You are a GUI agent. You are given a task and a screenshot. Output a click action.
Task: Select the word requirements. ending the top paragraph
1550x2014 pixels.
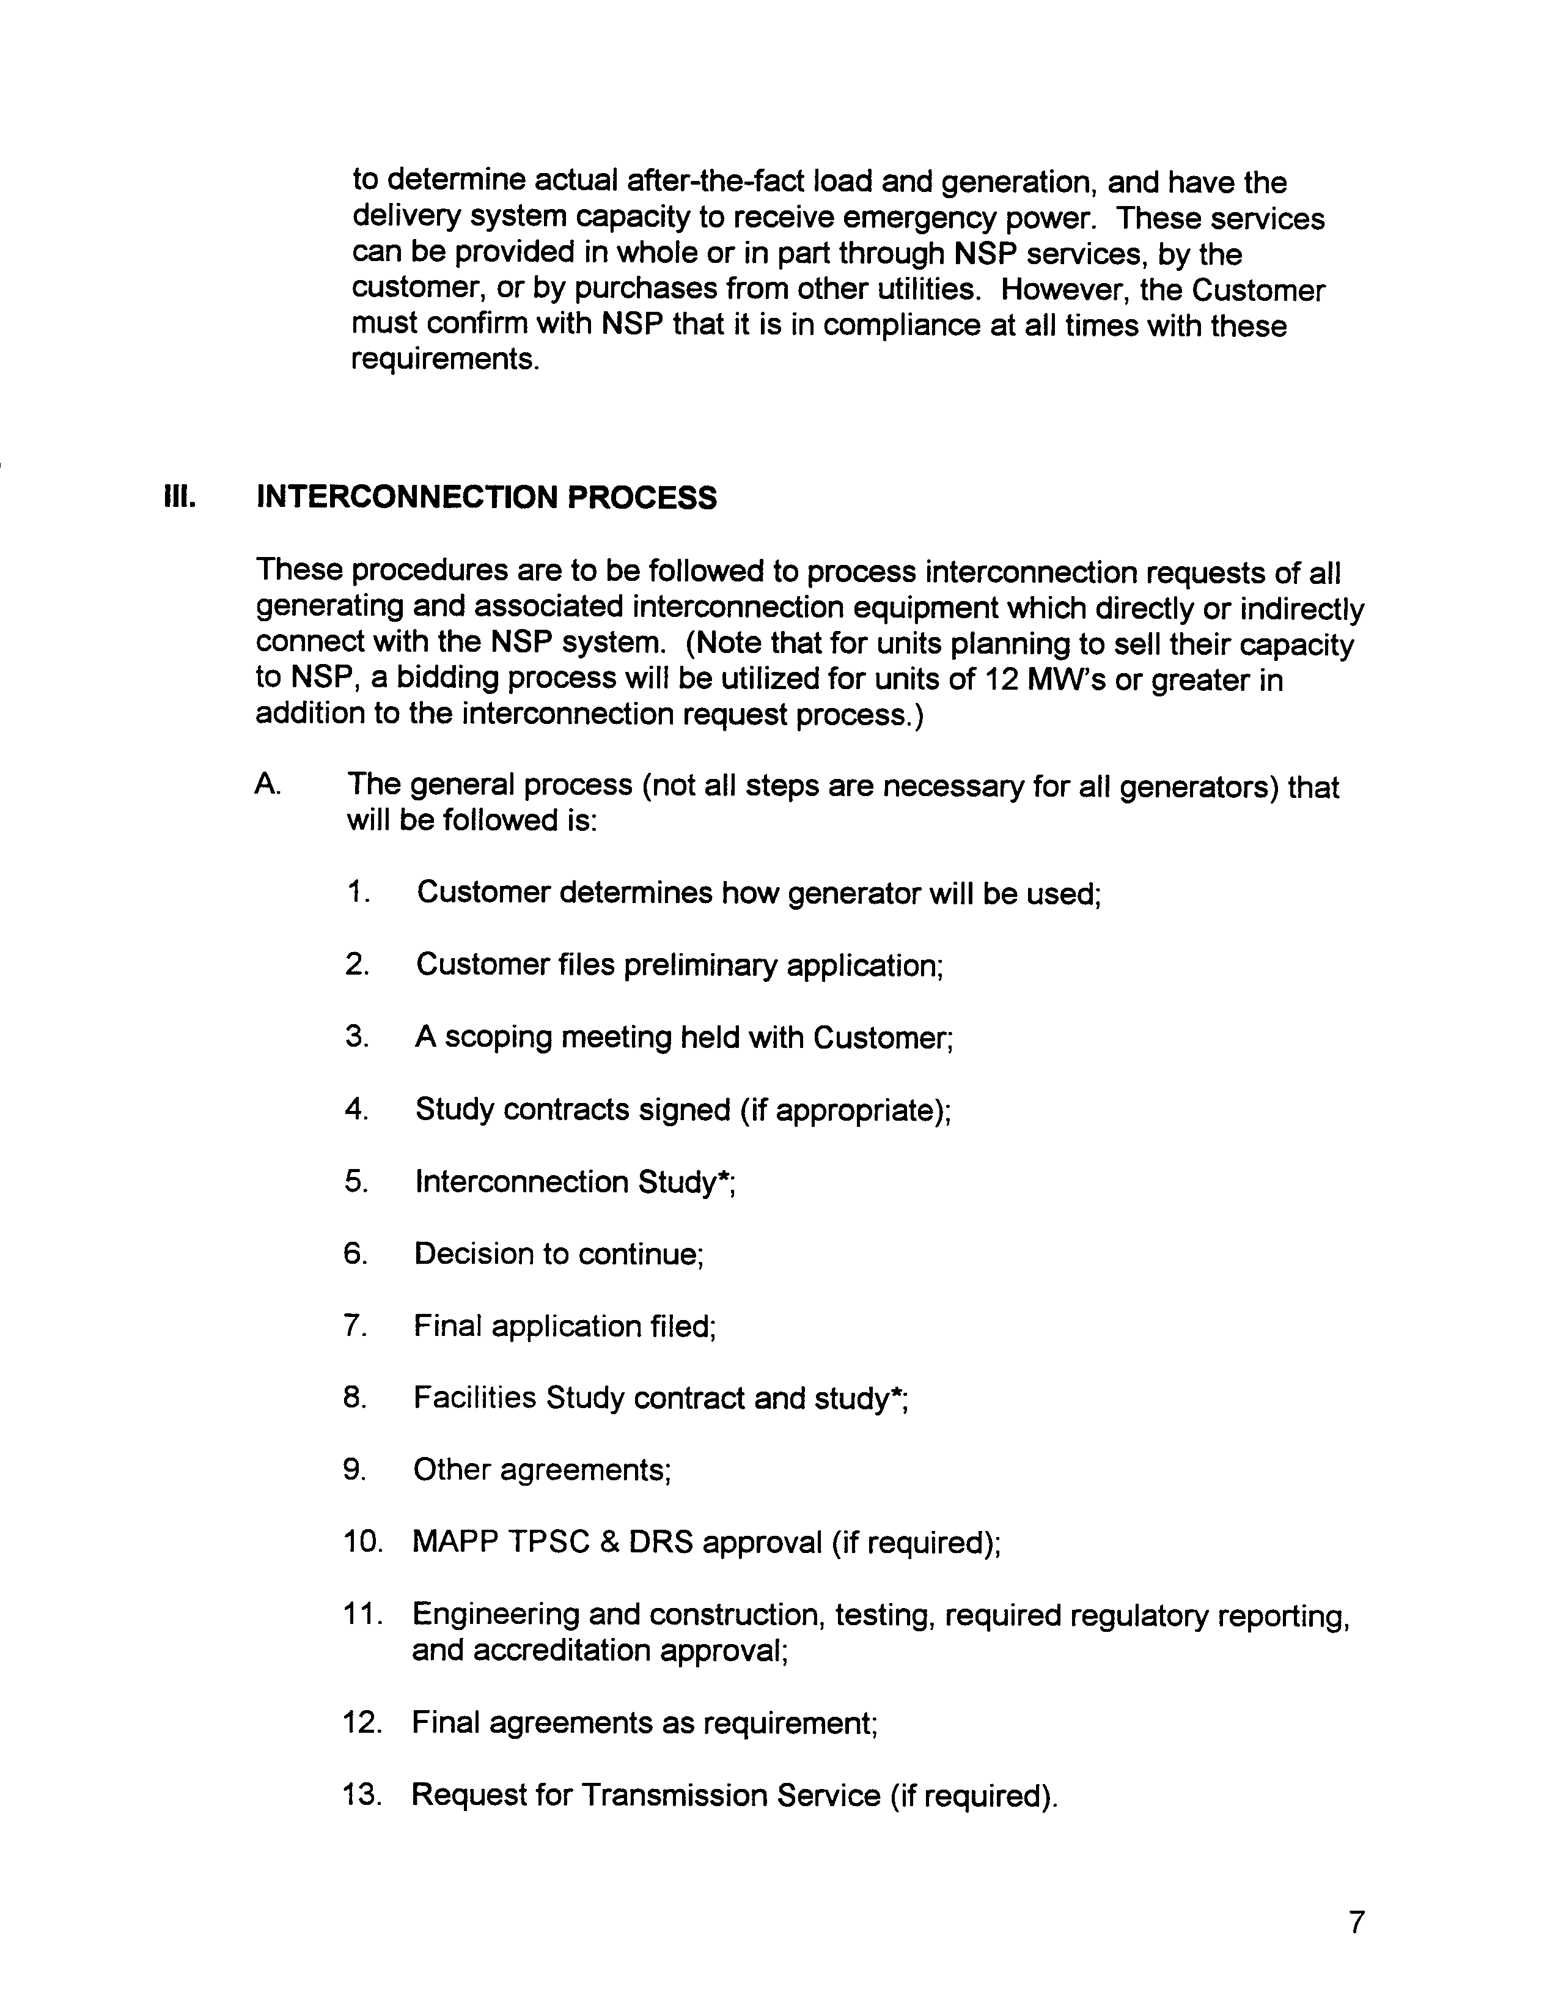(444, 359)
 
